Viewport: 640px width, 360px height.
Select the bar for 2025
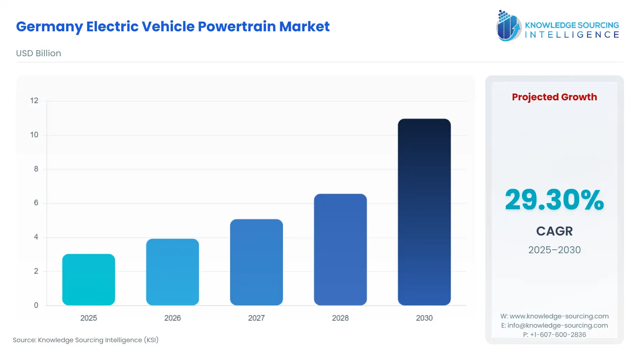pyautogui.click(x=89, y=280)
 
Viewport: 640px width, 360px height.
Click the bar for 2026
pyautogui.click(x=172, y=272)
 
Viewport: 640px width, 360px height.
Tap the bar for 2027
pyautogui.click(x=256, y=262)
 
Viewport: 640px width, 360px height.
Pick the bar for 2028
pyautogui.click(x=340, y=249)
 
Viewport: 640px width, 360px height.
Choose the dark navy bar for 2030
pyautogui.click(x=424, y=212)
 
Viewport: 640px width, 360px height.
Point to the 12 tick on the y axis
pyautogui.click(x=34, y=101)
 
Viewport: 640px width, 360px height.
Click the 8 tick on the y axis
pyautogui.click(x=36, y=169)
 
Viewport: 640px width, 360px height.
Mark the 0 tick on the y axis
pyautogui.click(x=36, y=305)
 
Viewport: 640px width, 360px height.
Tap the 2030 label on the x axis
pyautogui.click(x=424, y=318)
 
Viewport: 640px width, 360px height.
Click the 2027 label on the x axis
pyautogui.click(x=256, y=318)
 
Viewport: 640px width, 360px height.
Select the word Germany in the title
pyautogui.click(x=49, y=27)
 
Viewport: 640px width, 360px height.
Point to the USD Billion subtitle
pyautogui.click(x=38, y=53)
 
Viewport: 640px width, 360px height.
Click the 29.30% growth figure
pyautogui.click(x=554, y=200)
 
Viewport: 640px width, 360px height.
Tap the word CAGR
pyautogui.click(x=554, y=231)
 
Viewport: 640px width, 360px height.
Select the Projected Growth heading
pyautogui.click(x=554, y=97)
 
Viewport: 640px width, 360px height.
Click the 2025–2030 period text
pyautogui.click(x=554, y=250)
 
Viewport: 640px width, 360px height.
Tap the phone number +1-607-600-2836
pyautogui.click(x=558, y=334)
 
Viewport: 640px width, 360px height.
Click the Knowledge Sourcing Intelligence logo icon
pyautogui.click(x=508, y=26)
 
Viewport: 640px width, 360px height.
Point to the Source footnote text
pyautogui.click(x=86, y=340)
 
